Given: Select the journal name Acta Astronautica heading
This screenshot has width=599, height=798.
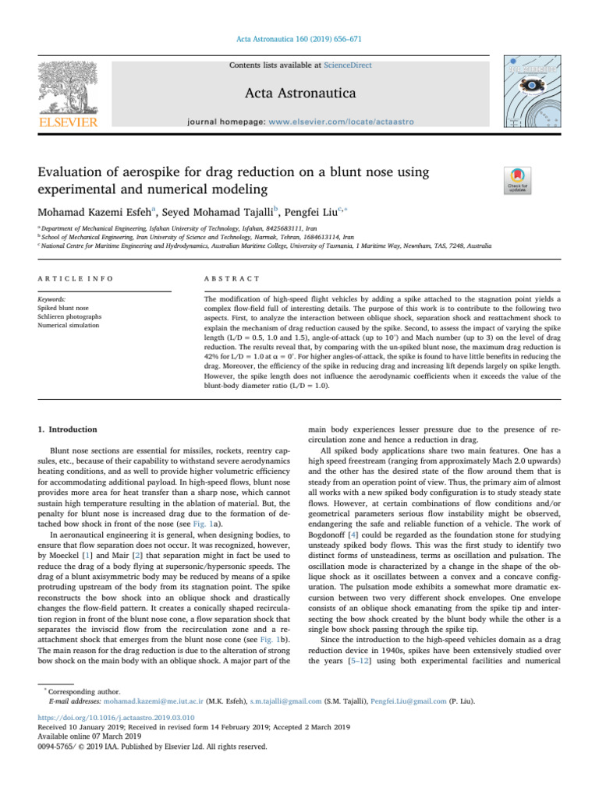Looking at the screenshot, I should pyautogui.click(x=299, y=94).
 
